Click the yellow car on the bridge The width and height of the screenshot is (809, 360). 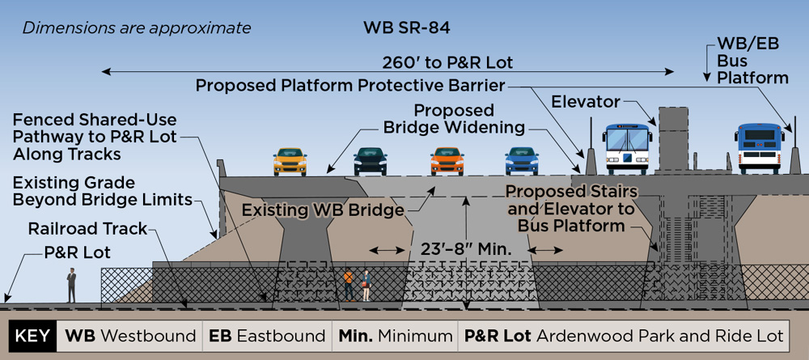[x=290, y=162]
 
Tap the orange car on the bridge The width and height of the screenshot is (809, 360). [x=447, y=161]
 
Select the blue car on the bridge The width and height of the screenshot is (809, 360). [x=522, y=161]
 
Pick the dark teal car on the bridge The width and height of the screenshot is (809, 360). [x=370, y=161]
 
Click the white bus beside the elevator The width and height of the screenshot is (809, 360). [x=628, y=149]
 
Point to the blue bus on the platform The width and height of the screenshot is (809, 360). [x=760, y=149]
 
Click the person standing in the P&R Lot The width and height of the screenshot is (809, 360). [x=71, y=285]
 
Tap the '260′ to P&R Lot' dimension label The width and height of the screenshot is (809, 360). [x=448, y=63]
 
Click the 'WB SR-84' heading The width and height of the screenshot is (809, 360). [x=406, y=28]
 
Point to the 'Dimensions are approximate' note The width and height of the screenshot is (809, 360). [x=137, y=28]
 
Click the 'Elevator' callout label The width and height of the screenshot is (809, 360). [x=586, y=102]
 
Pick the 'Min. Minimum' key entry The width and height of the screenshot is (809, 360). [x=396, y=335]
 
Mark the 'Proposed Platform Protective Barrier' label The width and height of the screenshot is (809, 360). [x=350, y=85]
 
